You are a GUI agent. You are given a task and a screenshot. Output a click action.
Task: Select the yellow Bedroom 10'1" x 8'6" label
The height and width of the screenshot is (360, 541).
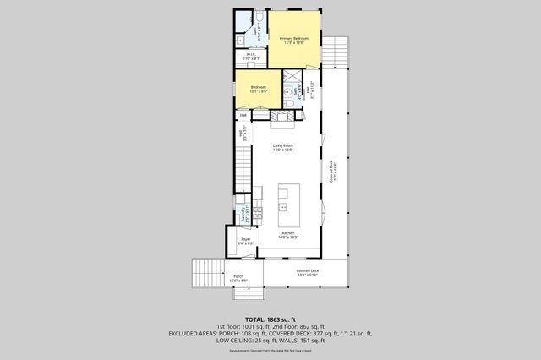[x=258, y=88]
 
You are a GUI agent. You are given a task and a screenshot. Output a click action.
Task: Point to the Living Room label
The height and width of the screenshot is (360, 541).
[x=282, y=148]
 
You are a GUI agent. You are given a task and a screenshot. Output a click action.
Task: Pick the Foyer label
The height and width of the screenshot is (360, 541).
[x=245, y=241]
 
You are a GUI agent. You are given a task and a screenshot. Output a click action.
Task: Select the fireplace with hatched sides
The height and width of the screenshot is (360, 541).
[x=283, y=116]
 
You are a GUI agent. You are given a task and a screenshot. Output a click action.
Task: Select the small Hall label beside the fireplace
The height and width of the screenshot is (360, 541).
[x=243, y=116]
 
